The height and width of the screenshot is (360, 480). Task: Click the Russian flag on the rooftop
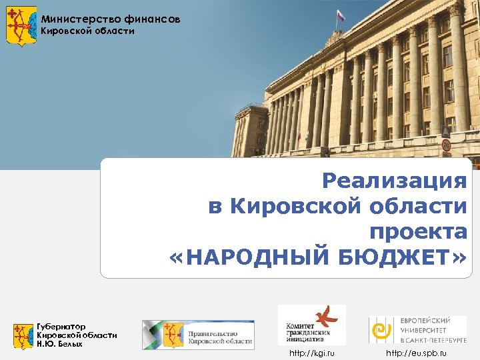coord(340,15)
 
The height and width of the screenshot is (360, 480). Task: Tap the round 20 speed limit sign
coord(446,144)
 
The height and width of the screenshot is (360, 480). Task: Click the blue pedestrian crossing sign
coord(446,131)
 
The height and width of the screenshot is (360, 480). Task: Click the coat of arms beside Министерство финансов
coord(21,26)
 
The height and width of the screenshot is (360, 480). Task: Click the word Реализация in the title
coord(394,180)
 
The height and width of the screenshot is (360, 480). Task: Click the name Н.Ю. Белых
coord(60,343)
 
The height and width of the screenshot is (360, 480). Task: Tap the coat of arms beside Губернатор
coord(23,336)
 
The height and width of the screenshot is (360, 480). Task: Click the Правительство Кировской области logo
coord(198,335)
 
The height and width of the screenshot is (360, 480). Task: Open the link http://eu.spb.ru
coord(417,353)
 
